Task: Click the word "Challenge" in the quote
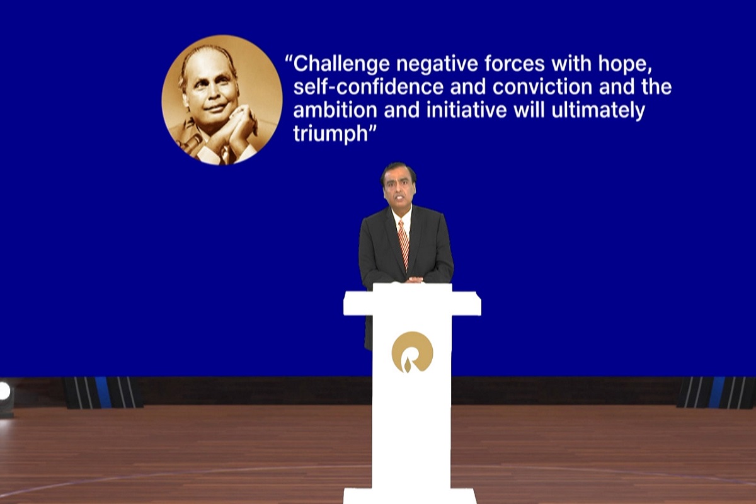(x=341, y=64)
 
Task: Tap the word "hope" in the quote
(x=622, y=64)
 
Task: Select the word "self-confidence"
(x=368, y=87)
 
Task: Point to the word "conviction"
(x=542, y=87)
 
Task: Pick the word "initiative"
(x=466, y=110)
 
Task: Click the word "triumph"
(x=330, y=134)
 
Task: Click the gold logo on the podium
(x=412, y=352)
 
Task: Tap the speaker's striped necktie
(x=404, y=244)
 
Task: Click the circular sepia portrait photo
(x=222, y=100)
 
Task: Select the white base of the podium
(x=409, y=496)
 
